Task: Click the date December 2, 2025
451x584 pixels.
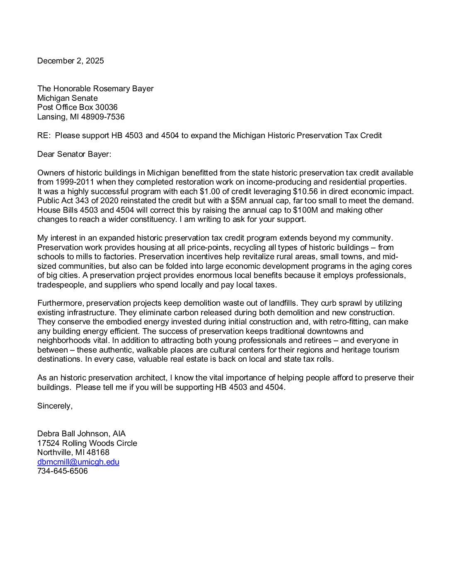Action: [x=70, y=61]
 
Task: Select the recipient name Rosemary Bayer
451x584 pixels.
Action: [x=123, y=89]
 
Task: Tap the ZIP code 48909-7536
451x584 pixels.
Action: [x=103, y=117]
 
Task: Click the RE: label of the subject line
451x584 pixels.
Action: [x=44, y=136]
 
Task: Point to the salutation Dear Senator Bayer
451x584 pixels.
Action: [x=74, y=154]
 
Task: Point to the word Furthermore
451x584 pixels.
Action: [x=60, y=303]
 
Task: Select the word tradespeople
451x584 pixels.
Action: [x=62, y=285]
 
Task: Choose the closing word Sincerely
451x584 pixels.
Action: [x=55, y=406]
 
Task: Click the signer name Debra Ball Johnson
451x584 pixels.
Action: [x=73, y=434]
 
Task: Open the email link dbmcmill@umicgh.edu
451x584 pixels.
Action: [x=78, y=462]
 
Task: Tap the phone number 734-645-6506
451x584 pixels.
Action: [x=63, y=471]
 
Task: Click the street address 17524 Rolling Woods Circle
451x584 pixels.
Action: [x=87, y=443]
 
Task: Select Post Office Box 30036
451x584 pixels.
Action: [x=78, y=107]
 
